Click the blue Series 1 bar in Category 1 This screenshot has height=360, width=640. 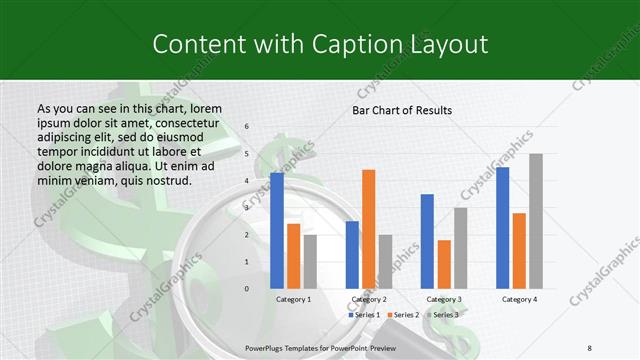click(x=277, y=231)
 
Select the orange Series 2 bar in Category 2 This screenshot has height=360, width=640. click(x=368, y=229)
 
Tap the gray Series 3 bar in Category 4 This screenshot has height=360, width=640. click(x=536, y=221)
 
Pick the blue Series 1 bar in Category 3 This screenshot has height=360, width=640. click(x=427, y=241)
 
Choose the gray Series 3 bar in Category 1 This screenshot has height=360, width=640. click(x=310, y=262)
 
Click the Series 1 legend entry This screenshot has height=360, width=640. click(x=365, y=315)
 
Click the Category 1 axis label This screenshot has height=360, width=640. click(x=293, y=299)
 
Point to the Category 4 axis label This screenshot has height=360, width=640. click(x=519, y=299)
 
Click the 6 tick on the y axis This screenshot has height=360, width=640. click(x=246, y=127)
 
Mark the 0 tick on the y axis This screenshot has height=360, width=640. click(x=246, y=289)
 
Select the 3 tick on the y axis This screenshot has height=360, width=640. click(x=246, y=208)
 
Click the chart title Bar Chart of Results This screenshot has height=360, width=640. click(x=402, y=110)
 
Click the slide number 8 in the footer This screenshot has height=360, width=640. click(x=589, y=347)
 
